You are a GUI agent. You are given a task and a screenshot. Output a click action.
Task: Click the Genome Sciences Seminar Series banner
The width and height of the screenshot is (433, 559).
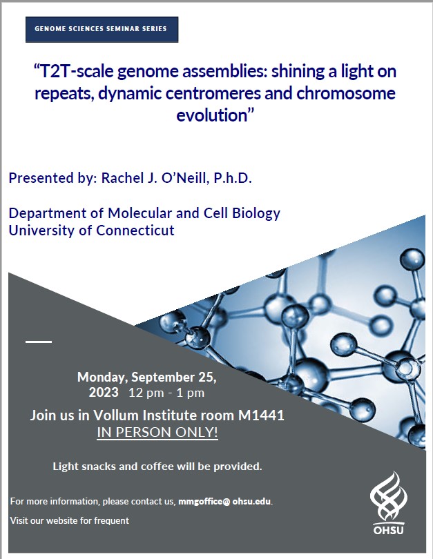click(x=102, y=29)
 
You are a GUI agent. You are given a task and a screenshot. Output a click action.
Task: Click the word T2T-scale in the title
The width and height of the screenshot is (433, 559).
click(x=75, y=71)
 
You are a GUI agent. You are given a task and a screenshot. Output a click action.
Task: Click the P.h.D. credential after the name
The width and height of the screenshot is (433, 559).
click(x=233, y=178)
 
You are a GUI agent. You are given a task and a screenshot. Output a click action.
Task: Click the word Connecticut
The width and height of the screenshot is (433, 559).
click(x=135, y=231)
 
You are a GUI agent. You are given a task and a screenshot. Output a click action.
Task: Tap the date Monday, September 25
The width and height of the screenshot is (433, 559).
click(x=147, y=377)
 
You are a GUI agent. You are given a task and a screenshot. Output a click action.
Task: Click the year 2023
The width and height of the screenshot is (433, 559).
click(x=104, y=392)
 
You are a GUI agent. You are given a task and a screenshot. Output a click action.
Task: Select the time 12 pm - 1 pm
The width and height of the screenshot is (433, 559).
click(x=166, y=393)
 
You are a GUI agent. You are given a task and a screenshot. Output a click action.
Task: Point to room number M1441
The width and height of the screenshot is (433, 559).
click(x=262, y=415)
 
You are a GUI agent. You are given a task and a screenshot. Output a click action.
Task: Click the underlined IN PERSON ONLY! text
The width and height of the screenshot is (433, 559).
click(x=157, y=432)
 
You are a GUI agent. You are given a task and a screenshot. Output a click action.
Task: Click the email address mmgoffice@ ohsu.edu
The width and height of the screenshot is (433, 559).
click(x=224, y=501)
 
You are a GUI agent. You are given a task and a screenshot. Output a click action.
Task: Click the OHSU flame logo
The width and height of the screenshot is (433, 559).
click(x=388, y=503)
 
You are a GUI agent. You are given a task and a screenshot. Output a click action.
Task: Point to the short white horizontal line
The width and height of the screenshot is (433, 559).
click(x=39, y=342)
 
